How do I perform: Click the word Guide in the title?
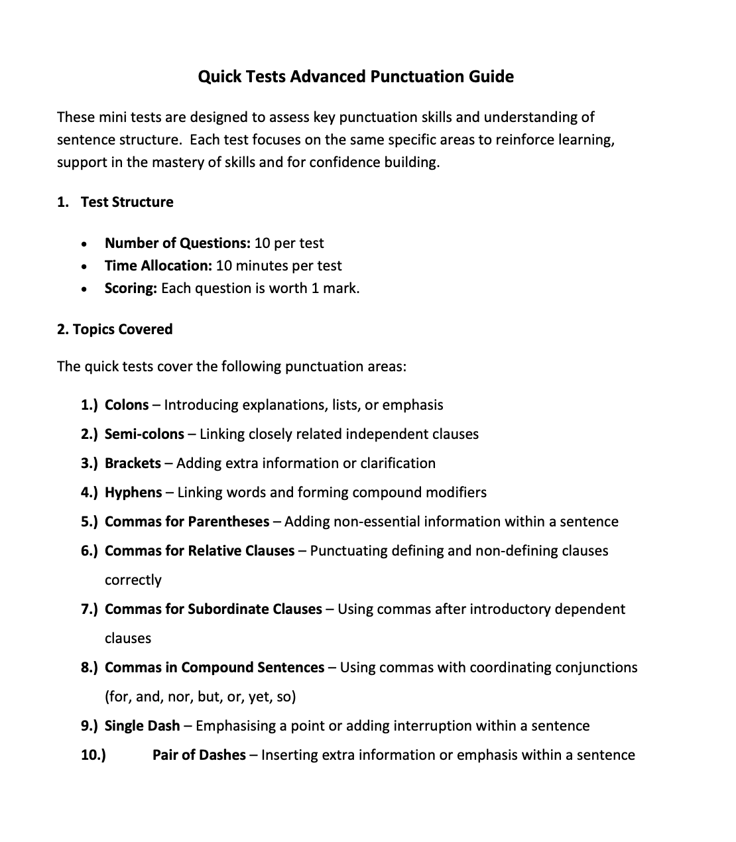pos(491,77)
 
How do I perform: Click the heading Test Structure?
pos(127,202)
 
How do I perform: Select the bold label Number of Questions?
pos(177,243)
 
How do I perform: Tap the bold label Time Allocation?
pos(158,266)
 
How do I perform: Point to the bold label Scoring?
pos(131,288)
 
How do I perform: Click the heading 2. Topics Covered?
pos(115,330)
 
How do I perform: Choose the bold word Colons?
pos(127,405)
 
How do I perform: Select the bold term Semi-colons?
pos(144,434)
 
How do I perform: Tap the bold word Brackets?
pos(133,463)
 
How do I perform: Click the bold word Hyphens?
pos(133,493)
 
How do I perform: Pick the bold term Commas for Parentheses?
pos(187,522)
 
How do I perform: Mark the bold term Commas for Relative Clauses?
pos(200,551)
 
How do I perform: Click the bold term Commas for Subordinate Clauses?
pos(213,609)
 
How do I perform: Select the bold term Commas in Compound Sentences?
pos(214,668)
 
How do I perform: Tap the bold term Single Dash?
pos(142,726)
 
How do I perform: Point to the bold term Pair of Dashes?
pos(199,755)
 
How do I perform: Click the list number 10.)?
pos(93,755)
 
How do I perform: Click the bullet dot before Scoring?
pos(83,289)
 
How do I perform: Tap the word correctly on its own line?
pos(133,580)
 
